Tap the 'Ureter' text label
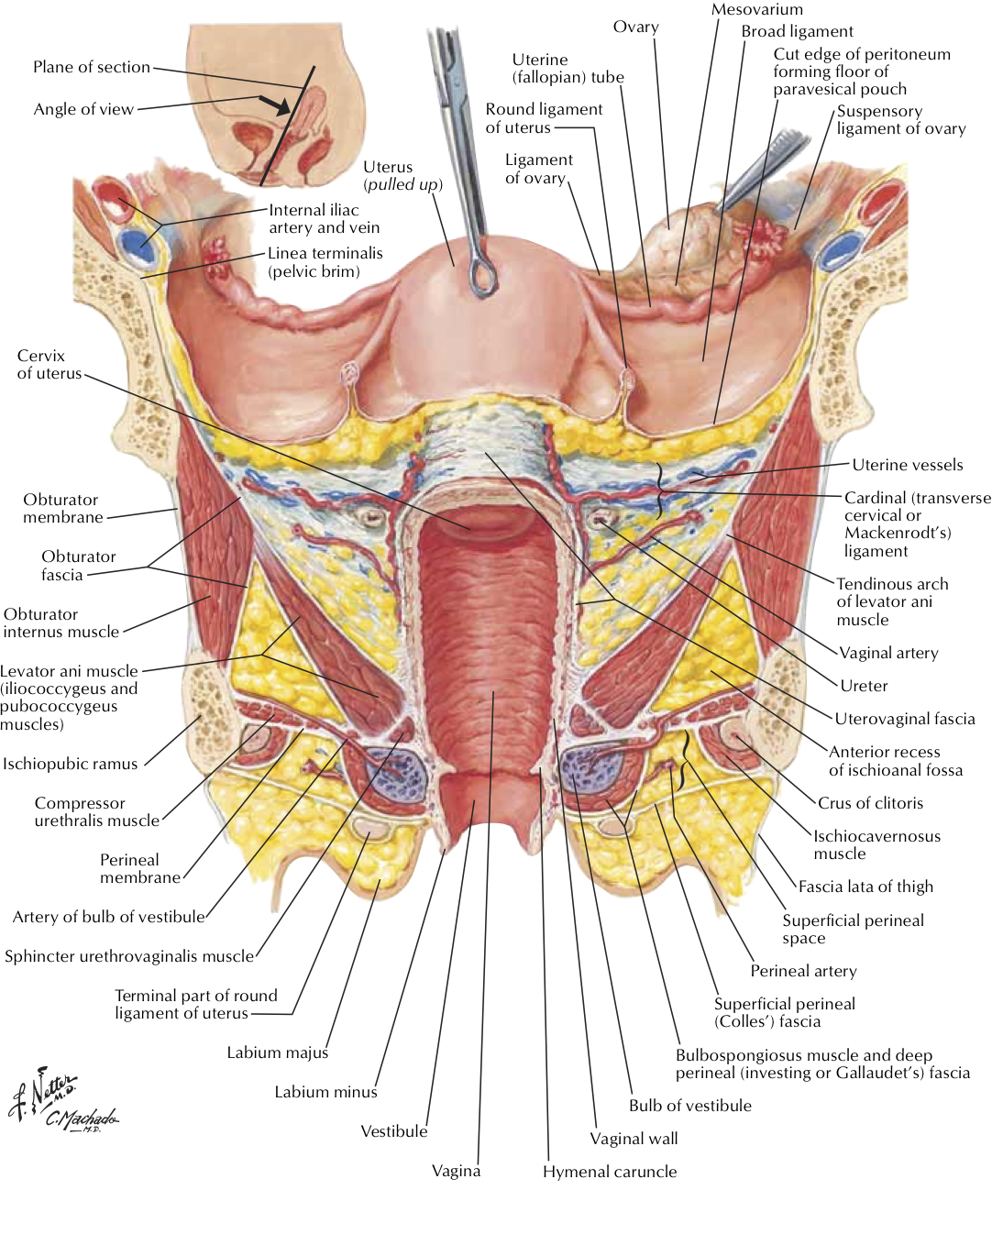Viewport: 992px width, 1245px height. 864,686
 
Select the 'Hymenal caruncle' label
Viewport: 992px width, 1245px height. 610,1172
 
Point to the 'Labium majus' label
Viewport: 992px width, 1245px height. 277,1052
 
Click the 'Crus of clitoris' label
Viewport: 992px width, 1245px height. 870,803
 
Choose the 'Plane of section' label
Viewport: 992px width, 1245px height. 92,67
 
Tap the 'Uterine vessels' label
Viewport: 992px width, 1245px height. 907,465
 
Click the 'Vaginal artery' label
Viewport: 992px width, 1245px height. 888,653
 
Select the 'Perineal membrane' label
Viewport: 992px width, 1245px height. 140,868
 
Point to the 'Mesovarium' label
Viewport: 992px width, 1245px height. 756,10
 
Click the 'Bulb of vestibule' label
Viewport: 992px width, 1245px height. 689,1106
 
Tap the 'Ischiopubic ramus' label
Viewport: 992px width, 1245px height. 70,764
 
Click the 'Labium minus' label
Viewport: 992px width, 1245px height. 325,1092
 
